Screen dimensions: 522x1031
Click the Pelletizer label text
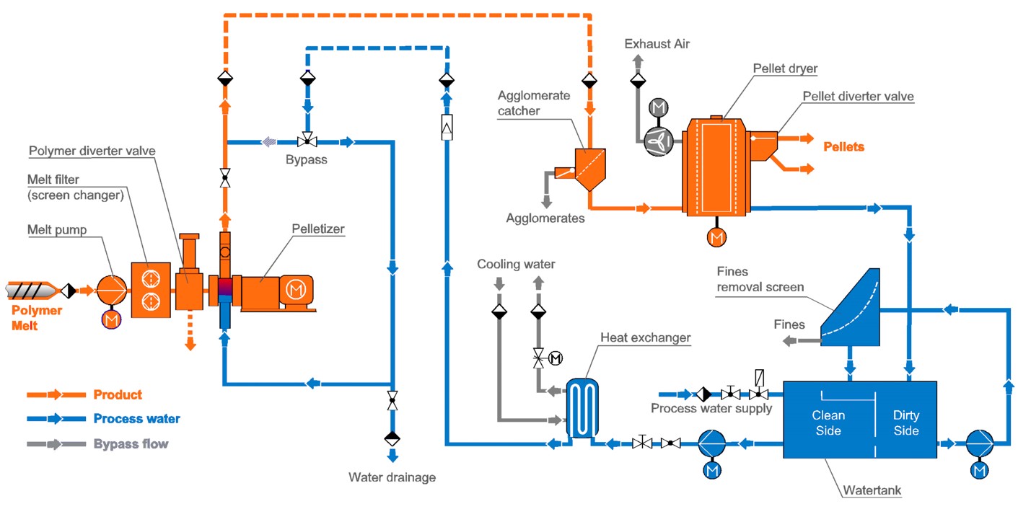tap(318, 229)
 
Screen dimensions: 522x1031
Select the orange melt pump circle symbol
tap(111, 291)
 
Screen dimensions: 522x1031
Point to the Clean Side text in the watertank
tap(828, 423)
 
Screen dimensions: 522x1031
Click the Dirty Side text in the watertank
tap(906, 423)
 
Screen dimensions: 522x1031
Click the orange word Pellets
tap(843, 146)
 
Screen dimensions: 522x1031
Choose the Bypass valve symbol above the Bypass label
tap(308, 142)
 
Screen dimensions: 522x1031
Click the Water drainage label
tap(392, 477)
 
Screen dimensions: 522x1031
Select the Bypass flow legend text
tap(131, 444)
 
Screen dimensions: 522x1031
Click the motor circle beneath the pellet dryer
tap(716, 236)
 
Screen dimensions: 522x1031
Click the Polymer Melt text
tap(36, 318)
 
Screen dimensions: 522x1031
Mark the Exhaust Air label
tap(657, 44)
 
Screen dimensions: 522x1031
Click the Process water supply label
tap(711, 409)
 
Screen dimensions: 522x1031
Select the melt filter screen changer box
tap(151, 290)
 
